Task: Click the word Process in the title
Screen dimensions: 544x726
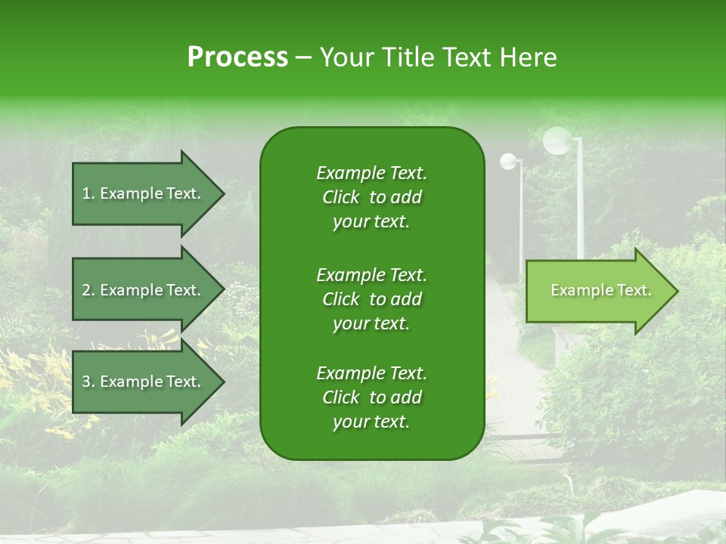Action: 237,57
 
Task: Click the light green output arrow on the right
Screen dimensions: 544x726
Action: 597,291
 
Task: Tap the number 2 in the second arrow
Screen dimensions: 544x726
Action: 86,290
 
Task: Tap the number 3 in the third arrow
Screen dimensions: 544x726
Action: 86,382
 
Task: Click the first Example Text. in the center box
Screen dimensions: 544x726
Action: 371,173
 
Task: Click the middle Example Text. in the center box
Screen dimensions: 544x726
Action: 371,274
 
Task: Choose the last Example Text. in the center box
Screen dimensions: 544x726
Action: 371,373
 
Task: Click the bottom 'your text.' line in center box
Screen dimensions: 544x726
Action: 371,422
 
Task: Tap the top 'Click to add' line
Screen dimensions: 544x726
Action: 371,198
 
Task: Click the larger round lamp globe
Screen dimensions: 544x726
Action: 557,140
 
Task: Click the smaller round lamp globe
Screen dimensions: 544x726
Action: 509,161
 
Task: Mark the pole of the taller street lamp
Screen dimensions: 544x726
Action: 580,204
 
